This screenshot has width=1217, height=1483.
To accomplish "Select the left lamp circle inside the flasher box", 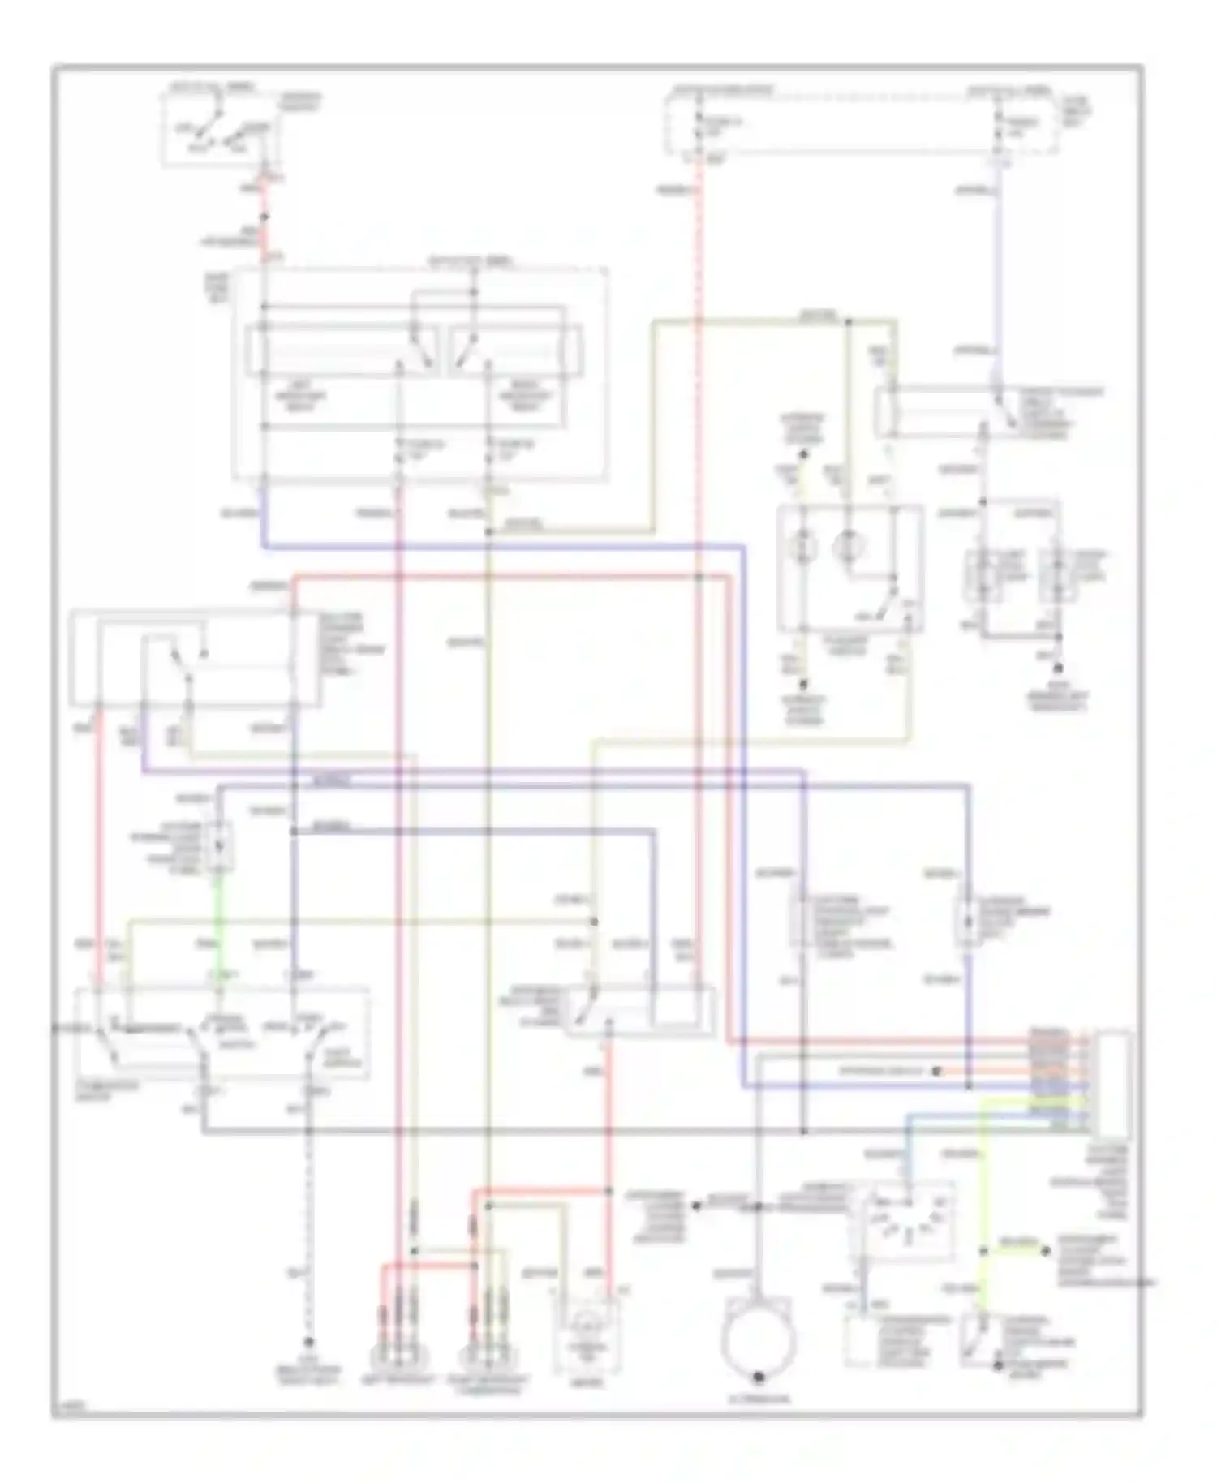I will click(x=804, y=546).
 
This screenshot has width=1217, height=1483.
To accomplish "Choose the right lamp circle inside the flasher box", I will click(x=847, y=546).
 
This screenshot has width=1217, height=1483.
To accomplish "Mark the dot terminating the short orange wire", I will click(x=935, y=1071).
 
